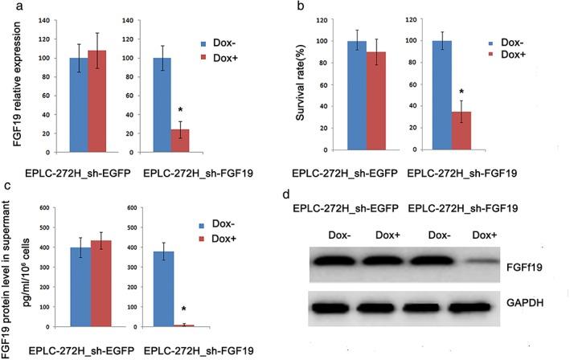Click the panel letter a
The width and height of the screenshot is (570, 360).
click(7, 6)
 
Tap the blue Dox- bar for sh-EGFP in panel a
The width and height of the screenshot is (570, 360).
click(80, 116)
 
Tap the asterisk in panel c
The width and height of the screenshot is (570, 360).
click(184, 309)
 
